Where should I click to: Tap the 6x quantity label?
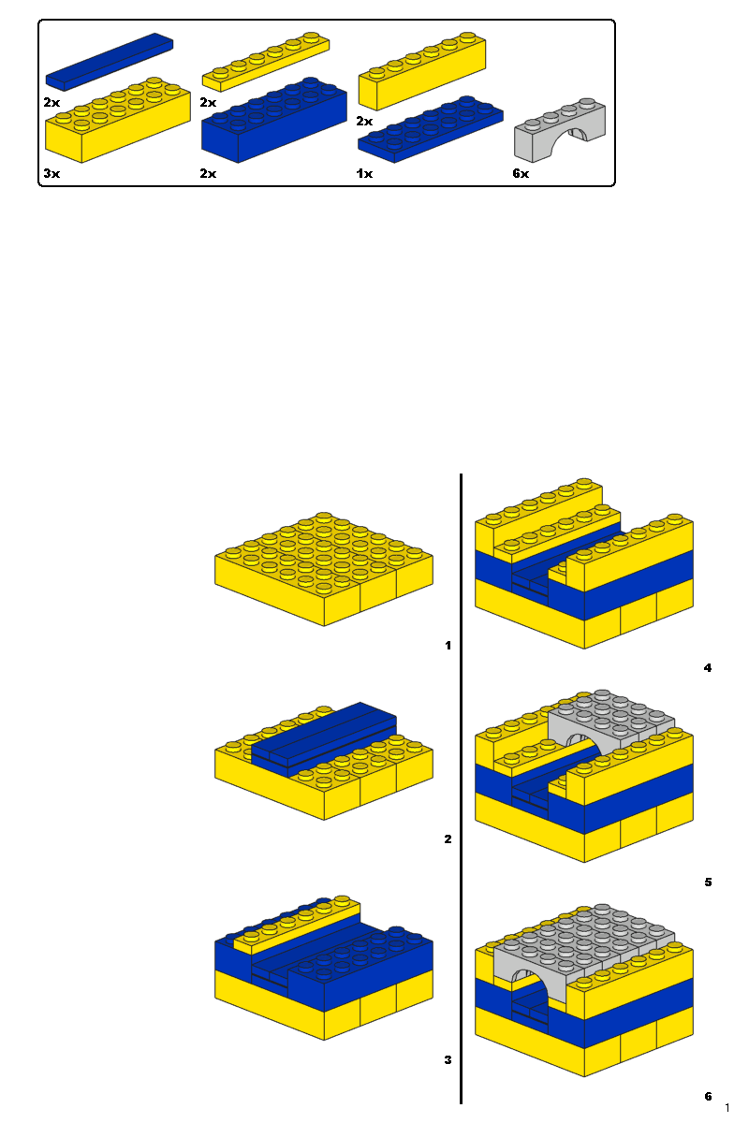pyautogui.click(x=521, y=174)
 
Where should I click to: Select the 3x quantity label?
pyautogui.click(x=51, y=174)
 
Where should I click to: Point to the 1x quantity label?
pyautogui.click(x=364, y=174)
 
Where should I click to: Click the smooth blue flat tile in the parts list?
pyautogui.click(x=110, y=62)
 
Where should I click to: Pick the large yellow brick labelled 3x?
pyautogui.click(x=117, y=126)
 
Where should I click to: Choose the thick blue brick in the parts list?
pyautogui.click(x=273, y=122)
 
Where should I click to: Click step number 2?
pyautogui.click(x=448, y=839)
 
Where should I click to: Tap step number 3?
pyautogui.click(x=448, y=1060)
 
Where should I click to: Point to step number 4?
pyautogui.click(x=708, y=668)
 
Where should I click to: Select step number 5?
pyautogui.click(x=708, y=882)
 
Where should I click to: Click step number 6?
pyautogui.click(x=708, y=1096)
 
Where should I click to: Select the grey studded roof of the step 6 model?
pyautogui.click(x=590, y=941)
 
